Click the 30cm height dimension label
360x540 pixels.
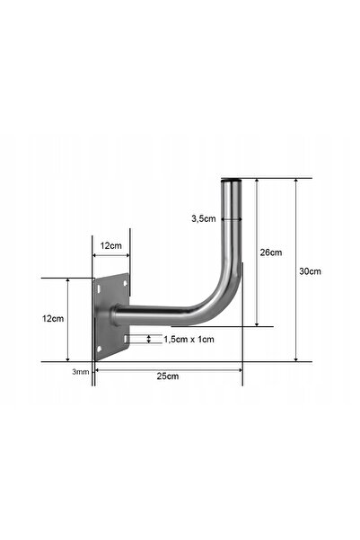[310, 271]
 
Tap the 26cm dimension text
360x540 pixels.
[271, 252]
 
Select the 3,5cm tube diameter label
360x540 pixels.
[204, 218]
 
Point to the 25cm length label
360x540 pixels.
[168, 376]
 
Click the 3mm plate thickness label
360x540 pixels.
[81, 372]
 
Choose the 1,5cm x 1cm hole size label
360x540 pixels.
[189, 340]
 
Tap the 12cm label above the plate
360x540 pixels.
[110, 245]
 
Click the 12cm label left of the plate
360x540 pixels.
[53, 319]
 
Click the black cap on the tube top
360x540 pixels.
[231, 180]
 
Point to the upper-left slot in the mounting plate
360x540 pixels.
[99, 288]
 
